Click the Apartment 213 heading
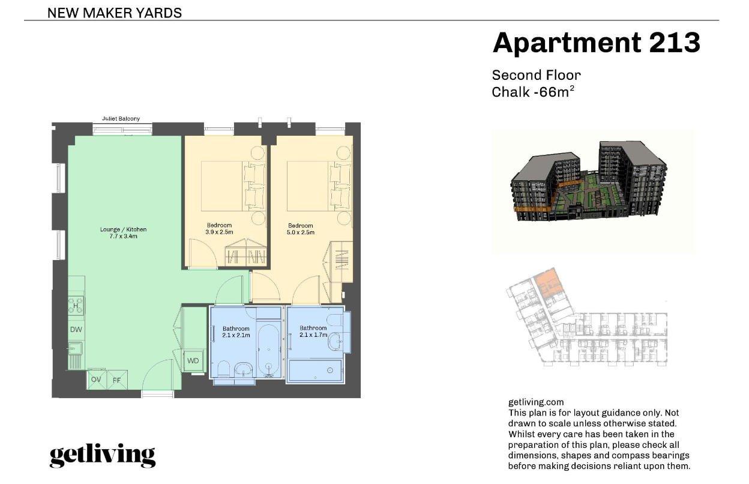click(596, 43)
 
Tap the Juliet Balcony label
click(121, 119)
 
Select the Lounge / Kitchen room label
click(123, 232)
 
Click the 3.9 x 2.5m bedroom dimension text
click(218, 232)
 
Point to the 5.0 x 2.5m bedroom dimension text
click(301, 232)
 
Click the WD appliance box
click(193, 361)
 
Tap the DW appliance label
click(76, 330)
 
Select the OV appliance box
click(96, 380)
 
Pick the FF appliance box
click(116, 380)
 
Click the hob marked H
click(76, 305)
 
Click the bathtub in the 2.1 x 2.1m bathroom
click(268, 349)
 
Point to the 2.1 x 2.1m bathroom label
click(236, 332)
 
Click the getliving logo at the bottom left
click(102, 456)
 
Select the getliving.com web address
click(536, 402)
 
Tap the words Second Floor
click(536, 76)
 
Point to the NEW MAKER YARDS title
click(114, 13)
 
